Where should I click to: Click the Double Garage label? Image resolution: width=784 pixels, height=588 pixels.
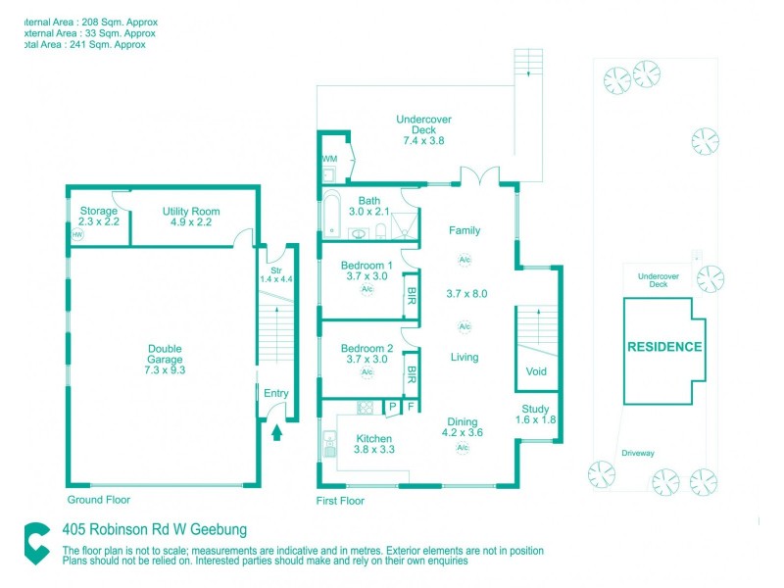tap(165, 354)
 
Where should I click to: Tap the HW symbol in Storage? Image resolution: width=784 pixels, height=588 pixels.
tap(77, 235)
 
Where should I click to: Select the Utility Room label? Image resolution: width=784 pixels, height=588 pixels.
tap(191, 212)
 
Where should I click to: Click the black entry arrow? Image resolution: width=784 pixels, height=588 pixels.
tap(275, 430)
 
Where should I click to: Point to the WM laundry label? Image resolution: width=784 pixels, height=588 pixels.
tap(329, 158)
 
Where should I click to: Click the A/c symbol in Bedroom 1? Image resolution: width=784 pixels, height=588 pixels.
tap(367, 290)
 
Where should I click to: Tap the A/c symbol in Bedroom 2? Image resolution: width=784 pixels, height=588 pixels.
tap(367, 372)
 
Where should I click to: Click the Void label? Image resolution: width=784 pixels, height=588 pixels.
tap(536, 371)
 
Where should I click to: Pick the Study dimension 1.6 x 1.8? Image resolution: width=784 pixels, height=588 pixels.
tap(536, 420)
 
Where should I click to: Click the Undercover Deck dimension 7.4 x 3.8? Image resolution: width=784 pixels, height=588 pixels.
tap(423, 140)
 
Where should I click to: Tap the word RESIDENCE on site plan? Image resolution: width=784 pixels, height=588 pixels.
tap(664, 347)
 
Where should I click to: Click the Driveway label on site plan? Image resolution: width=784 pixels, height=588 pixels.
tap(638, 453)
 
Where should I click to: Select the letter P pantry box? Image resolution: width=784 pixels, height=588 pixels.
tap(392, 407)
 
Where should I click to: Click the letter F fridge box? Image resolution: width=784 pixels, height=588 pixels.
tap(411, 407)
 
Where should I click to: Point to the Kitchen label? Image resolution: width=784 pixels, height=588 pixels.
tap(374, 438)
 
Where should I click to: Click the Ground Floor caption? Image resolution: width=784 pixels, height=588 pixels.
tap(97, 499)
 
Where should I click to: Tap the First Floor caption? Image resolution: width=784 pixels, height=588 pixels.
tap(340, 501)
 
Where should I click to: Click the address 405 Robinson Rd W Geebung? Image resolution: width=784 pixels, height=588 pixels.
tap(154, 530)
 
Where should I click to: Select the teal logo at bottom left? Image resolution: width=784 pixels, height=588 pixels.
tap(37, 542)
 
